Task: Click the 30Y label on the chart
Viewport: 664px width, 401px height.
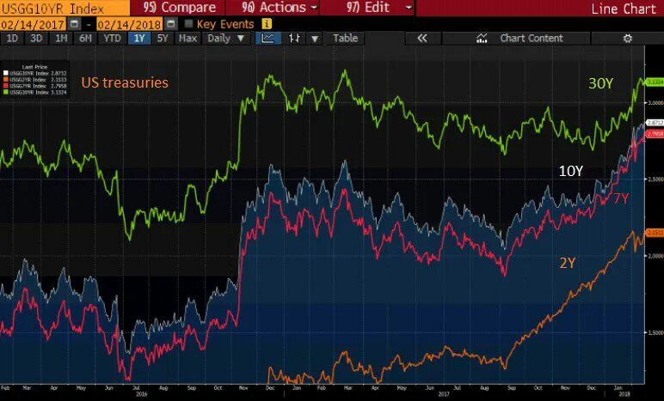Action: point(600,83)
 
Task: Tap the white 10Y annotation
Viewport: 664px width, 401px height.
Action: point(571,171)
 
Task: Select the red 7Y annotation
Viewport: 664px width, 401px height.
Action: point(620,198)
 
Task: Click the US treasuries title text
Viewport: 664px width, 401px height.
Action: point(125,83)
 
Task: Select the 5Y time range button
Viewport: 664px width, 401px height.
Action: point(163,39)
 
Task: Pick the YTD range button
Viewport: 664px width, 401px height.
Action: point(112,39)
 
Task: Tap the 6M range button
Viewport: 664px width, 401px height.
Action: point(85,39)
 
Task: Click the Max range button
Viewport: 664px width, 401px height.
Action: point(188,39)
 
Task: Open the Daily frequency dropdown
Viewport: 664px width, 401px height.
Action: point(226,39)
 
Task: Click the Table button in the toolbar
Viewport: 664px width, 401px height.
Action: point(345,39)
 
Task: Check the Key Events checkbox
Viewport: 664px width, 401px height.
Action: point(189,24)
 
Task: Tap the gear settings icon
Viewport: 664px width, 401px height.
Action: point(627,39)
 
